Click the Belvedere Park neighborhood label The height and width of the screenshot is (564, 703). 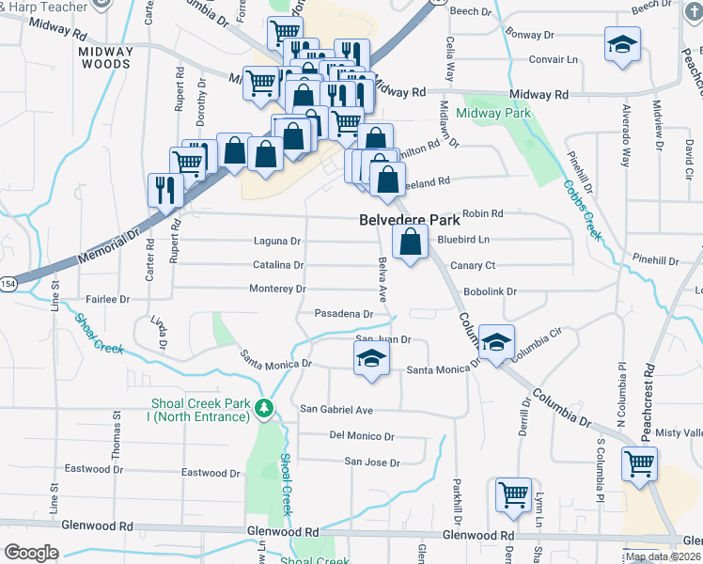(x=410, y=220)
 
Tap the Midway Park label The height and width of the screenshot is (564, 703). (x=493, y=113)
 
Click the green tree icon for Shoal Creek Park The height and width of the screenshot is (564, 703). (x=265, y=408)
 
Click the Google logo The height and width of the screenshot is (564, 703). (x=31, y=553)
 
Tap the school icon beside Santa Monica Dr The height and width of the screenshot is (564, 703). (x=371, y=359)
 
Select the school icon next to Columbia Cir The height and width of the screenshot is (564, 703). (x=496, y=342)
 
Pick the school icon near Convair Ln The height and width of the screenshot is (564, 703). (x=621, y=46)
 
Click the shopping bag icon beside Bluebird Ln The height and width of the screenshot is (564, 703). (x=410, y=243)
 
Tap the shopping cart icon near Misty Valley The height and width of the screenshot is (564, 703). (x=639, y=462)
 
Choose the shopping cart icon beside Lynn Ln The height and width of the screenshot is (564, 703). (x=513, y=493)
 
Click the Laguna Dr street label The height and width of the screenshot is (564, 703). (x=276, y=241)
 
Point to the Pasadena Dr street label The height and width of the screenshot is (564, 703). (x=337, y=313)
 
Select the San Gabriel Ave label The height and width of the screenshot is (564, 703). (x=336, y=410)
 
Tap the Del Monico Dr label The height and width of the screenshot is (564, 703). (x=362, y=436)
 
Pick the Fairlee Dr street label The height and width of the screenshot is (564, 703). (x=107, y=299)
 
